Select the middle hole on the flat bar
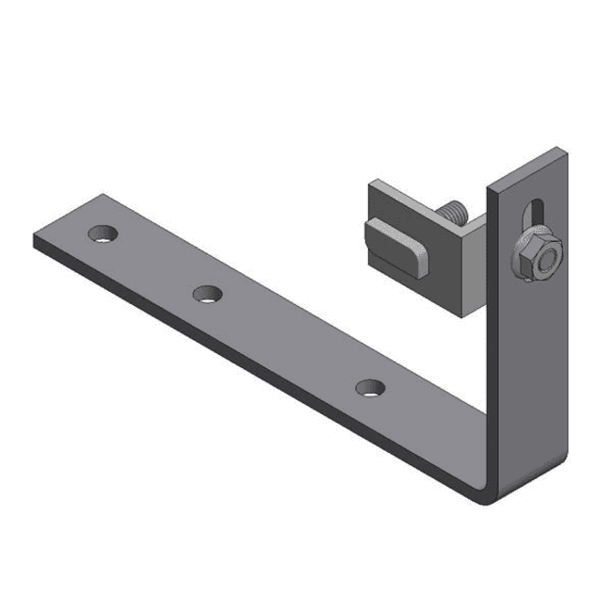coord(208,295)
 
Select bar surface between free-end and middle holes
coord(155,264)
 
